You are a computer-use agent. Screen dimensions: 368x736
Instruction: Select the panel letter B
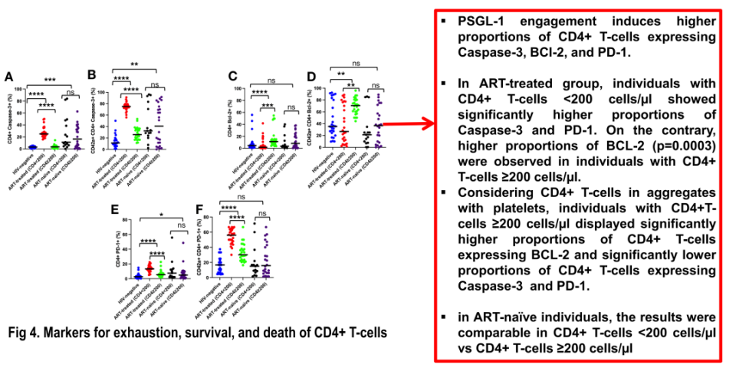point(91,74)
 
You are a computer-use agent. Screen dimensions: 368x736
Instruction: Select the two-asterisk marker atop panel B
point(134,64)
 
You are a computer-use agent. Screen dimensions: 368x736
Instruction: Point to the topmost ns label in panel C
point(271,79)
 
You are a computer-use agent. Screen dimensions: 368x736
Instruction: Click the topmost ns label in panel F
point(242,196)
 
